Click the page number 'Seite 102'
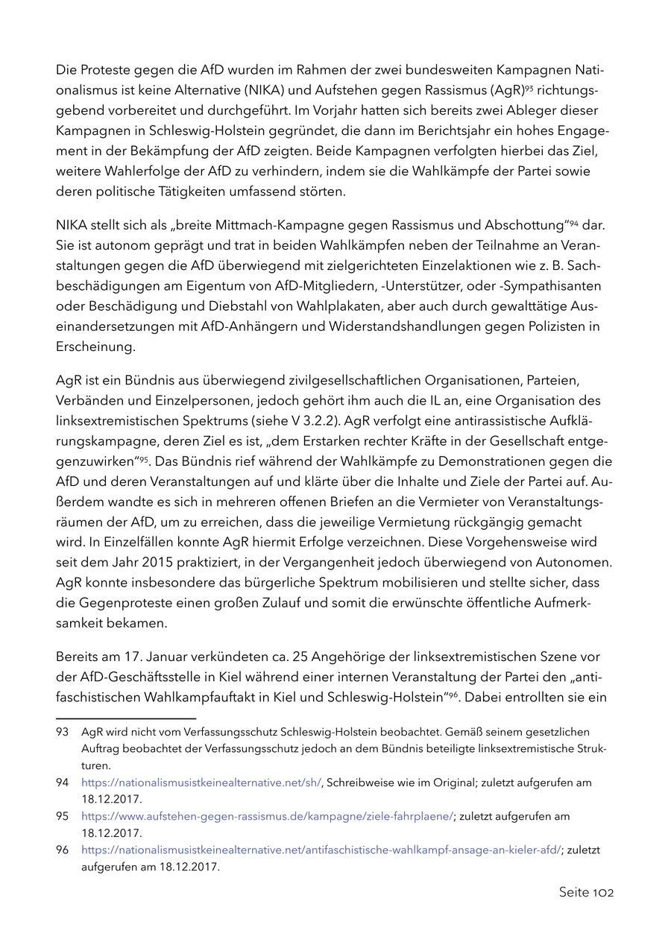586,892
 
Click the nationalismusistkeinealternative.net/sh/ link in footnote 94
201,783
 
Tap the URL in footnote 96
321,850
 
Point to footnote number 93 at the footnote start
62,732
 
